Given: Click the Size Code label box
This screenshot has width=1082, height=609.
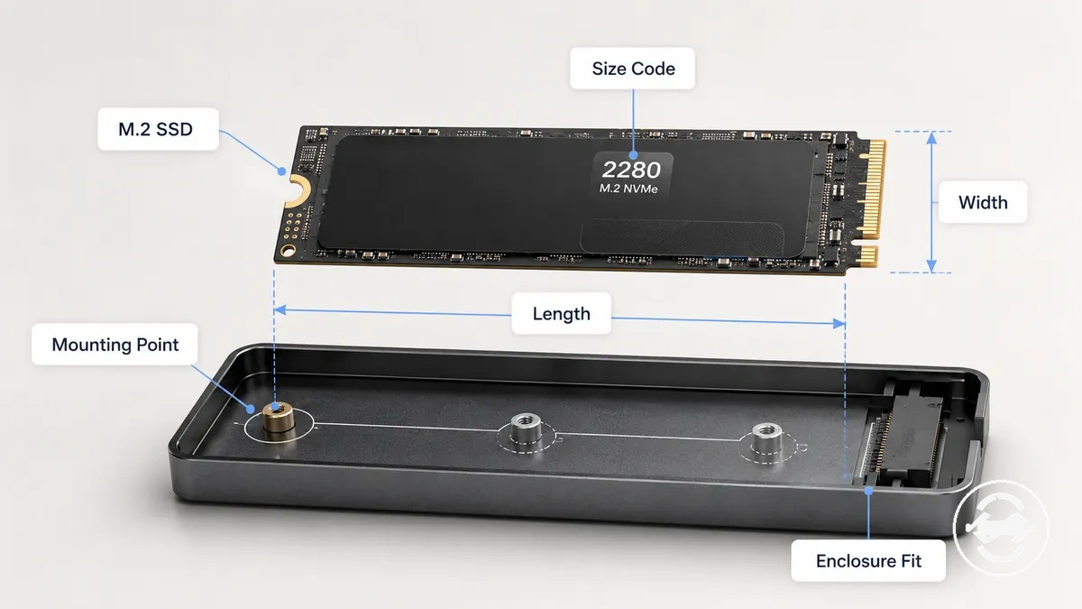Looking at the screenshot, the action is [632, 69].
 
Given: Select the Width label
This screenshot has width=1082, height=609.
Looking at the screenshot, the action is [983, 202].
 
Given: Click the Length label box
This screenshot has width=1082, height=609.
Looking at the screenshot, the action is [561, 313].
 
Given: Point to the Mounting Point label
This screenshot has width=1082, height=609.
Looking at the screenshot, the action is [115, 344].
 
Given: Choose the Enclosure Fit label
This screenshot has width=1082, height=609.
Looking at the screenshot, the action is [868, 560].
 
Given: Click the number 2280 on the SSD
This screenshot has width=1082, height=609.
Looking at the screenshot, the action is [631, 170].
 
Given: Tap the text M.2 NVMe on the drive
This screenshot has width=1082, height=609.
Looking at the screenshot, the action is [628, 188].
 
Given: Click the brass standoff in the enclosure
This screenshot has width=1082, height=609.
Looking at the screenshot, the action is [279, 418].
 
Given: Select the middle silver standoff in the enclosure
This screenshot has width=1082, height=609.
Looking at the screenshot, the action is [526, 428].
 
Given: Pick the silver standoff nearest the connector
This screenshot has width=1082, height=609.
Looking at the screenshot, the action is [766, 438].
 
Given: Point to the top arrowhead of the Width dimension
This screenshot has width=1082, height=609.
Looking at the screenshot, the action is [931, 138].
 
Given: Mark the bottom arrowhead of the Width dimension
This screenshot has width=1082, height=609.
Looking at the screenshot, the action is [931, 266].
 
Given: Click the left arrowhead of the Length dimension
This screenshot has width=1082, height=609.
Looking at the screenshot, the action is [280, 309].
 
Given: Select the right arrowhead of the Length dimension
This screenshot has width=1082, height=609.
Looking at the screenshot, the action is [839, 323].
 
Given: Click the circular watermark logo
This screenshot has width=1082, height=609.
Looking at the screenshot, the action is [1002, 529].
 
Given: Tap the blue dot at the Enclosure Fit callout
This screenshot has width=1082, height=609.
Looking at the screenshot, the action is [868, 491].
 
